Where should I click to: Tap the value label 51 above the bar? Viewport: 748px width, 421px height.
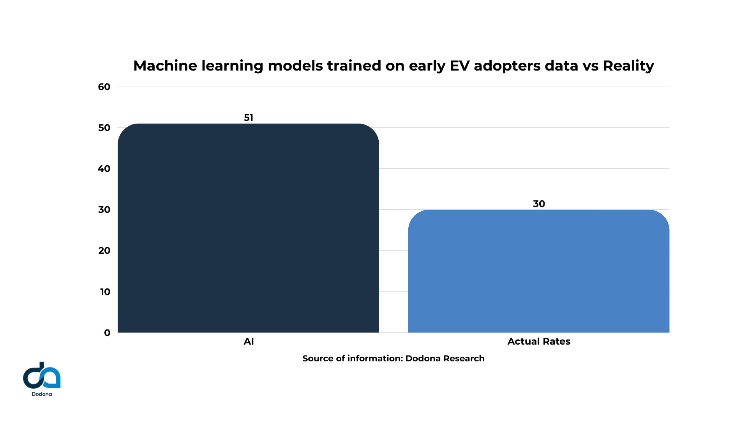click(x=249, y=118)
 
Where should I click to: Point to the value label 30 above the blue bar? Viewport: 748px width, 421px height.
click(x=539, y=204)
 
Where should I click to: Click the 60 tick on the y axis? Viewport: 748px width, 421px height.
click(x=104, y=87)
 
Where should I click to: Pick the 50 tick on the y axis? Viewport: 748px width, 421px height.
click(x=104, y=128)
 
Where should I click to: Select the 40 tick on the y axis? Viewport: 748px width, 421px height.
click(x=104, y=169)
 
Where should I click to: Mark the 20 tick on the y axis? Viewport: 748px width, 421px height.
click(x=104, y=251)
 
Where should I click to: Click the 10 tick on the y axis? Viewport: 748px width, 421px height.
click(x=105, y=292)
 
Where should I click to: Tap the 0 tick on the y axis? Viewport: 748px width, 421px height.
click(x=107, y=333)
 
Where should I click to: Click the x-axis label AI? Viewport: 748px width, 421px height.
click(x=249, y=341)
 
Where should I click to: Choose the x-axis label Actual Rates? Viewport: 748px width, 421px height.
click(x=539, y=341)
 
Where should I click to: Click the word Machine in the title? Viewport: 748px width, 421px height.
click(x=165, y=65)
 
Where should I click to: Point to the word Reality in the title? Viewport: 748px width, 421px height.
click(x=628, y=65)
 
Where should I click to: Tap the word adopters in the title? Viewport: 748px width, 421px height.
click(x=507, y=66)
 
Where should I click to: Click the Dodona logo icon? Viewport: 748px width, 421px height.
click(x=42, y=375)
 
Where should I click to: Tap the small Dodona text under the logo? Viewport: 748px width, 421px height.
click(x=42, y=394)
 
